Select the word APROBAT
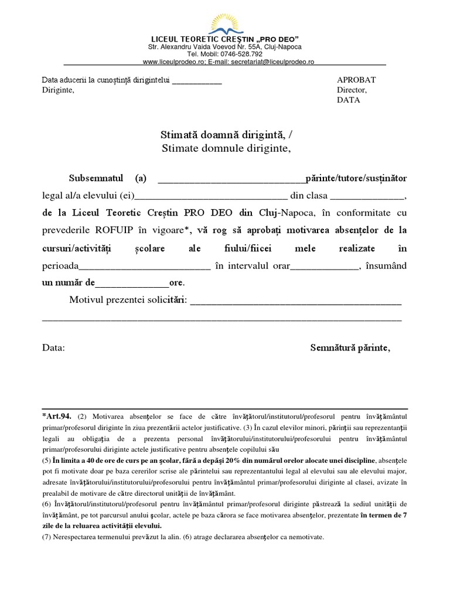coord(356,80)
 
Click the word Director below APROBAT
coord(352,90)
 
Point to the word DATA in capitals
coord(349,100)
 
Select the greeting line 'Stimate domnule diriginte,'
coord(226,148)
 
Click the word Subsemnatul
coord(96,178)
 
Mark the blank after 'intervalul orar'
coord(324,266)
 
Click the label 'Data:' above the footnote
coord(53,347)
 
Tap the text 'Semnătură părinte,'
coord(350,347)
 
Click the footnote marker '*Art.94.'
coord(57,417)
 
